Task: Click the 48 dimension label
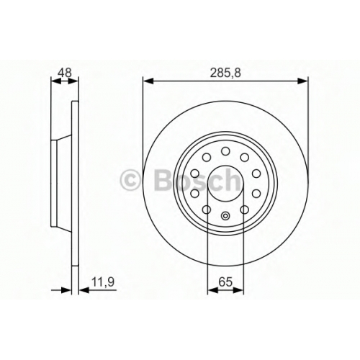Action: (66, 73)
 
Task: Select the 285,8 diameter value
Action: (225, 73)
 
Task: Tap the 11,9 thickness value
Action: (103, 282)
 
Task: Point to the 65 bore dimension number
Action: (225, 282)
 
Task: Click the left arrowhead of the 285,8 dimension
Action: (148, 81)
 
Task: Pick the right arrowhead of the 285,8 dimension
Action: (302, 81)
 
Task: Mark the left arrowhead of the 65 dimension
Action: (212, 290)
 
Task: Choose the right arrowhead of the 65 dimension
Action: (238, 290)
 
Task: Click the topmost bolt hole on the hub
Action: (225, 151)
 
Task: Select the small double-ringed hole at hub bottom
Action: (225, 216)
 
